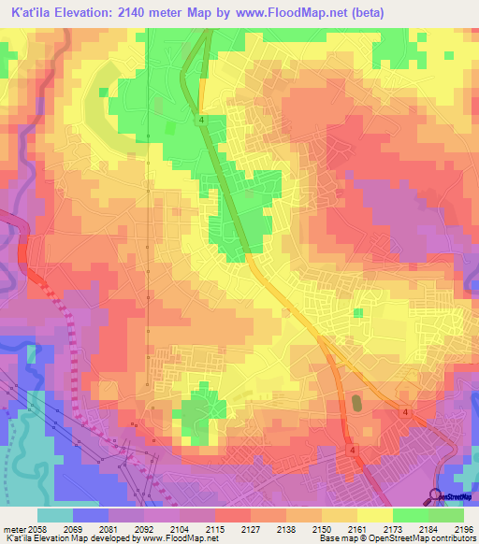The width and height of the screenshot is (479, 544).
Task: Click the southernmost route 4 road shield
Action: tap(354, 450)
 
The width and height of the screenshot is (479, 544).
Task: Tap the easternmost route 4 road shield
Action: tap(405, 412)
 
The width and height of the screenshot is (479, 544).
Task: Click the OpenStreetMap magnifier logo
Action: tap(434, 495)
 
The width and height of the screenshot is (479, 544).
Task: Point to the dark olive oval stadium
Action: tap(356, 404)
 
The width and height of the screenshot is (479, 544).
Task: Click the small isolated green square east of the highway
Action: tap(357, 313)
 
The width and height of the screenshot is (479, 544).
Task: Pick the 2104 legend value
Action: tap(180, 527)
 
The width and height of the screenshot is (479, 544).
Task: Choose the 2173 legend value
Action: tap(393, 527)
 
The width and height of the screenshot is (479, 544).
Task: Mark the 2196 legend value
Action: tap(463, 527)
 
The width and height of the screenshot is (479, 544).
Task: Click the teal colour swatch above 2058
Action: tap(55, 514)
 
